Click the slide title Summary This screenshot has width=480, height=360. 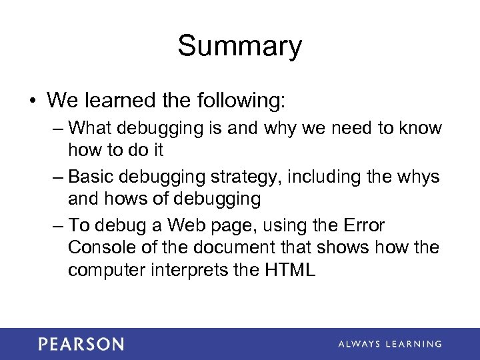click(x=239, y=47)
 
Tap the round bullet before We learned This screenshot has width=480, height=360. click(x=31, y=101)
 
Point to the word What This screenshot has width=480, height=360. click(x=90, y=127)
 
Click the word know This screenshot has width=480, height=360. click(x=419, y=127)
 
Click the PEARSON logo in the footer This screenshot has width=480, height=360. click(x=81, y=344)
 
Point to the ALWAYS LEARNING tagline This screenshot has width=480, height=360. click(x=389, y=344)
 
